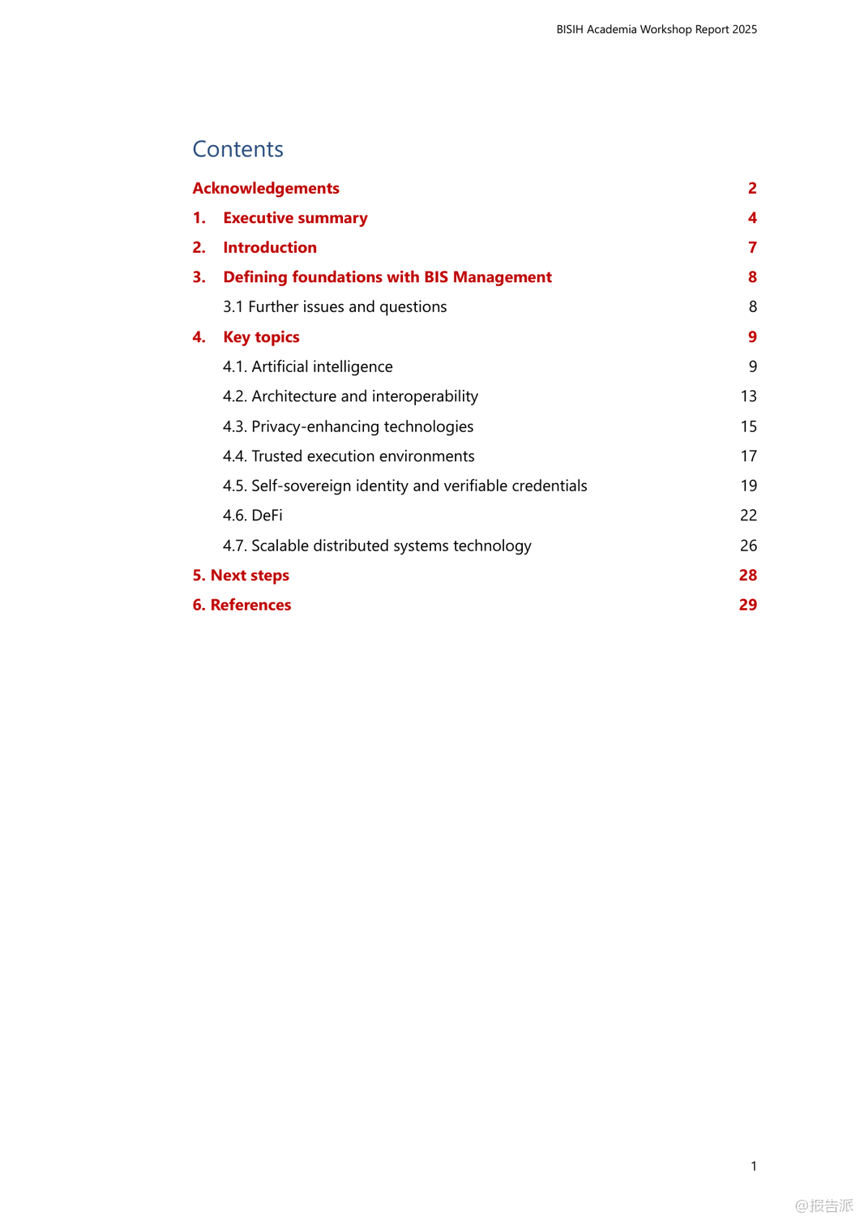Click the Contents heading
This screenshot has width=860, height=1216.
(x=237, y=149)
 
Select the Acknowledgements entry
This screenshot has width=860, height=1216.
(x=266, y=188)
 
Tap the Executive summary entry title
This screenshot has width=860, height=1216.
(x=295, y=218)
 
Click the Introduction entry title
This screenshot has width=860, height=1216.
(x=270, y=247)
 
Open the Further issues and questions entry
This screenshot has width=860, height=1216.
(x=335, y=306)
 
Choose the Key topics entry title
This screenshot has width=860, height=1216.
(x=261, y=337)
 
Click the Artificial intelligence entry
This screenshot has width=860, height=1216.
(x=307, y=366)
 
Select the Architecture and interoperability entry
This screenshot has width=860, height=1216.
(x=350, y=396)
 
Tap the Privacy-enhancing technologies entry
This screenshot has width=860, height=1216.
(x=348, y=426)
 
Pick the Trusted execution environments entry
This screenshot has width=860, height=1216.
(x=349, y=456)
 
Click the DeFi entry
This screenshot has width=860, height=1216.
(x=253, y=516)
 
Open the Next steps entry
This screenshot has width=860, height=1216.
(x=241, y=576)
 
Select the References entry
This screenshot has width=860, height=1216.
(x=242, y=605)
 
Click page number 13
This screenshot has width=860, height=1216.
(x=748, y=396)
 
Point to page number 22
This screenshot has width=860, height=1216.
(x=748, y=516)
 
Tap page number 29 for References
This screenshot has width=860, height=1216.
(x=747, y=605)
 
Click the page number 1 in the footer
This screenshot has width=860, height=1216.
(x=754, y=1166)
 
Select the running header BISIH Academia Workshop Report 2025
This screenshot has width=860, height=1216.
(x=657, y=29)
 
